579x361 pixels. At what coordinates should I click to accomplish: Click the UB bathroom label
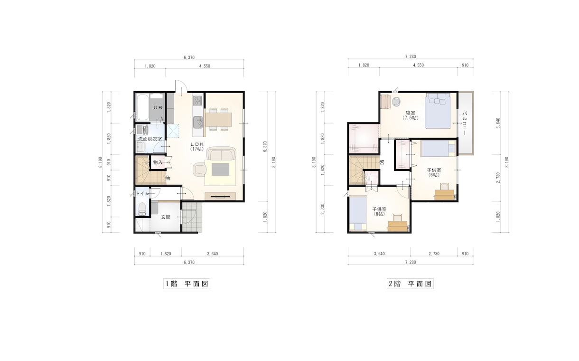coord(158,107)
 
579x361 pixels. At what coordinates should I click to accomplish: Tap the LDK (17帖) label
coord(197,146)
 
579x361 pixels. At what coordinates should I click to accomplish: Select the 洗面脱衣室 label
coord(150,139)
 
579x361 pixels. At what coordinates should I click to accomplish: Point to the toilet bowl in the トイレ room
coord(142,209)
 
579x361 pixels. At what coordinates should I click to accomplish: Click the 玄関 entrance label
coord(166,217)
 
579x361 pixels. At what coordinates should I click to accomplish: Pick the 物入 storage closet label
coord(158,162)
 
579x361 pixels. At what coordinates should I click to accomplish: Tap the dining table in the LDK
coord(218,119)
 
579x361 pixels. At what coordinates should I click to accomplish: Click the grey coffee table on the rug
coord(220,170)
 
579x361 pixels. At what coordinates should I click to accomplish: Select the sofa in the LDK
coord(221,153)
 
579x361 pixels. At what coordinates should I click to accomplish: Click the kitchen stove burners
coord(197,100)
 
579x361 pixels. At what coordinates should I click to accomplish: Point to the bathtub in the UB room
coord(142,107)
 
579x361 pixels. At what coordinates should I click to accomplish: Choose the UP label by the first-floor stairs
coord(168,178)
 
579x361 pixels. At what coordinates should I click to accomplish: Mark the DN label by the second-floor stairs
coord(383,162)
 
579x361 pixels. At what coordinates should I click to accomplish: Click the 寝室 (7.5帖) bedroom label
coord(411,115)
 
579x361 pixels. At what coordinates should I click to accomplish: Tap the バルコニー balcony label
coord(465,123)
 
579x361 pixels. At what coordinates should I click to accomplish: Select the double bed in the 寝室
coord(439,111)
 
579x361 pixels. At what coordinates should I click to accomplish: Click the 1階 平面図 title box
coord(187,284)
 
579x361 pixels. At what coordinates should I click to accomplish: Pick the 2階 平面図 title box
coord(410,284)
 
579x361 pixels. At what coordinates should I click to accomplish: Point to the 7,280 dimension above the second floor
coord(411,57)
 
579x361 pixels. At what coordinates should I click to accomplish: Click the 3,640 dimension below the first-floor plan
coord(213,254)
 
